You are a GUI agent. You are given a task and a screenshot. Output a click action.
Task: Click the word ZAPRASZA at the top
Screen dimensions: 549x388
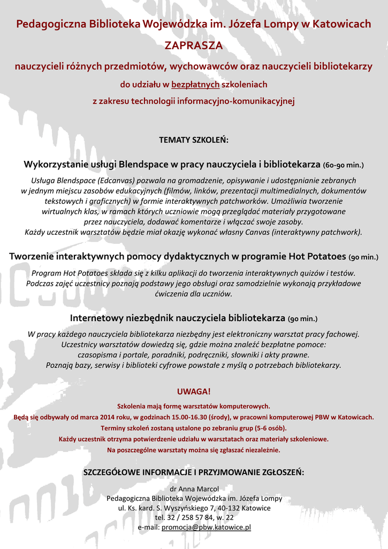point(194,46)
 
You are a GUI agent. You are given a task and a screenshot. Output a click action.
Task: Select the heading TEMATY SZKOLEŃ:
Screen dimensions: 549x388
point(194,140)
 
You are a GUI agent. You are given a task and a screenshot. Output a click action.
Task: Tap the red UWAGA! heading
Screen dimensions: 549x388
point(194,391)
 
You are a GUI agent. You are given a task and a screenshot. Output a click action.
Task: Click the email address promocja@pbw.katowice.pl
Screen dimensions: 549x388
point(207,528)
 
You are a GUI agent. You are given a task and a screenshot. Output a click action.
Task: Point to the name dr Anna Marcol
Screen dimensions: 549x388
point(194,488)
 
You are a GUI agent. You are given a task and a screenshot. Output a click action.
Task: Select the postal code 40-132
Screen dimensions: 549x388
point(229,508)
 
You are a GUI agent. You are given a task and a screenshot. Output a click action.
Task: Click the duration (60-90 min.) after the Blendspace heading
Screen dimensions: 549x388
point(344,165)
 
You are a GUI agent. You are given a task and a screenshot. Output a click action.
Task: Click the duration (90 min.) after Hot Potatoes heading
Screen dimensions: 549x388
point(363,257)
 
